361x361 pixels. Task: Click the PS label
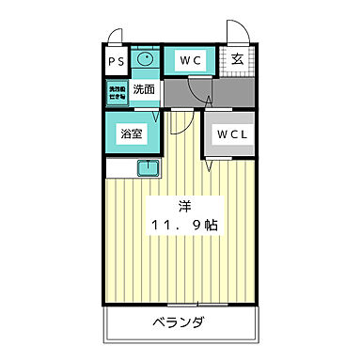tap(117, 62)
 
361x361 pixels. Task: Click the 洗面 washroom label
tap(144, 91)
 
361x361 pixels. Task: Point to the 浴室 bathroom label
tap(132, 133)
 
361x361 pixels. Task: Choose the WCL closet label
tap(231, 133)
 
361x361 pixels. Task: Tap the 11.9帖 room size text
tap(185, 227)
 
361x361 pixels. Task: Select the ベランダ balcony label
tap(179, 324)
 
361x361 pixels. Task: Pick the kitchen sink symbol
tap(148, 168)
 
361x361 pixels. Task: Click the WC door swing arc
tap(199, 91)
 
